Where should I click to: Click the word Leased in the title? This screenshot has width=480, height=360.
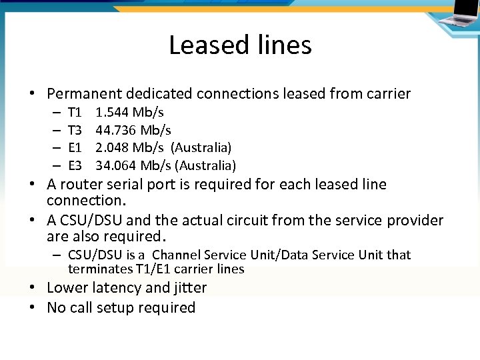coord(206,45)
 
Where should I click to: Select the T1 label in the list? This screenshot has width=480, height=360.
coord(75,112)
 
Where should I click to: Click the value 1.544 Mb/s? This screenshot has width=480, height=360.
coord(130,112)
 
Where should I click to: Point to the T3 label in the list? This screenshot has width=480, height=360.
coord(75,129)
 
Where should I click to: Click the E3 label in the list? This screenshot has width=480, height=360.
coord(75,165)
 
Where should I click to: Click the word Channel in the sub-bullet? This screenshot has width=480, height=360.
coord(177,255)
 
